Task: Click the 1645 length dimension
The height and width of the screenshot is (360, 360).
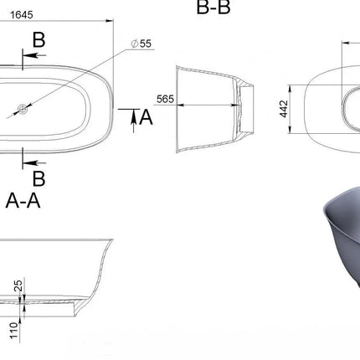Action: coord(22,15)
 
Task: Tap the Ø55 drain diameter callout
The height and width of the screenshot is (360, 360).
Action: coord(141,44)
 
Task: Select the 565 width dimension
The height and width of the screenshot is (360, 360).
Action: coord(165,99)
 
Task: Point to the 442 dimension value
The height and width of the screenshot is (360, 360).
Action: coord(284,109)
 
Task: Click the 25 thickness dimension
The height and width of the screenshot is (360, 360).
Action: coord(18,286)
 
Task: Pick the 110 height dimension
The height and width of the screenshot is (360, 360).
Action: coord(14,331)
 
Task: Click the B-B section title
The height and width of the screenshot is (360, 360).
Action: coord(213,8)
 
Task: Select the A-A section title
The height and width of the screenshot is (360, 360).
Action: coord(23,200)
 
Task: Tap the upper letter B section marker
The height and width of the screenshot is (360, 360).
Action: coord(39,40)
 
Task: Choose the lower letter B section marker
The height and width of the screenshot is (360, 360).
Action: coord(39,178)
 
